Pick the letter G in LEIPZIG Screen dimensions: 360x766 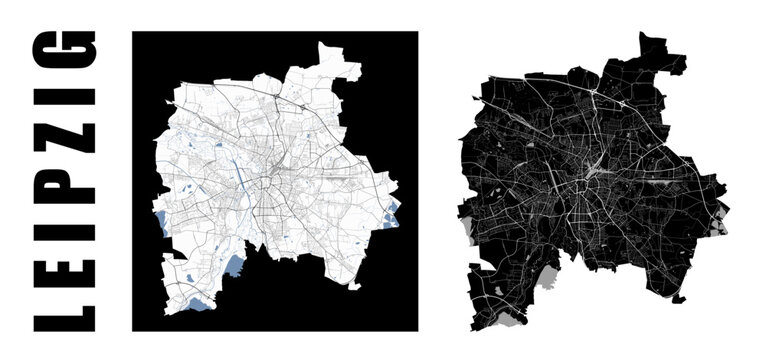(66, 50)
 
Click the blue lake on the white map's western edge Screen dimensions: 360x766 (163, 226)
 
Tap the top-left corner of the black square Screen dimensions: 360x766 (133, 32)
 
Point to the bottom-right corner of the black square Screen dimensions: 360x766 (418, 330)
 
